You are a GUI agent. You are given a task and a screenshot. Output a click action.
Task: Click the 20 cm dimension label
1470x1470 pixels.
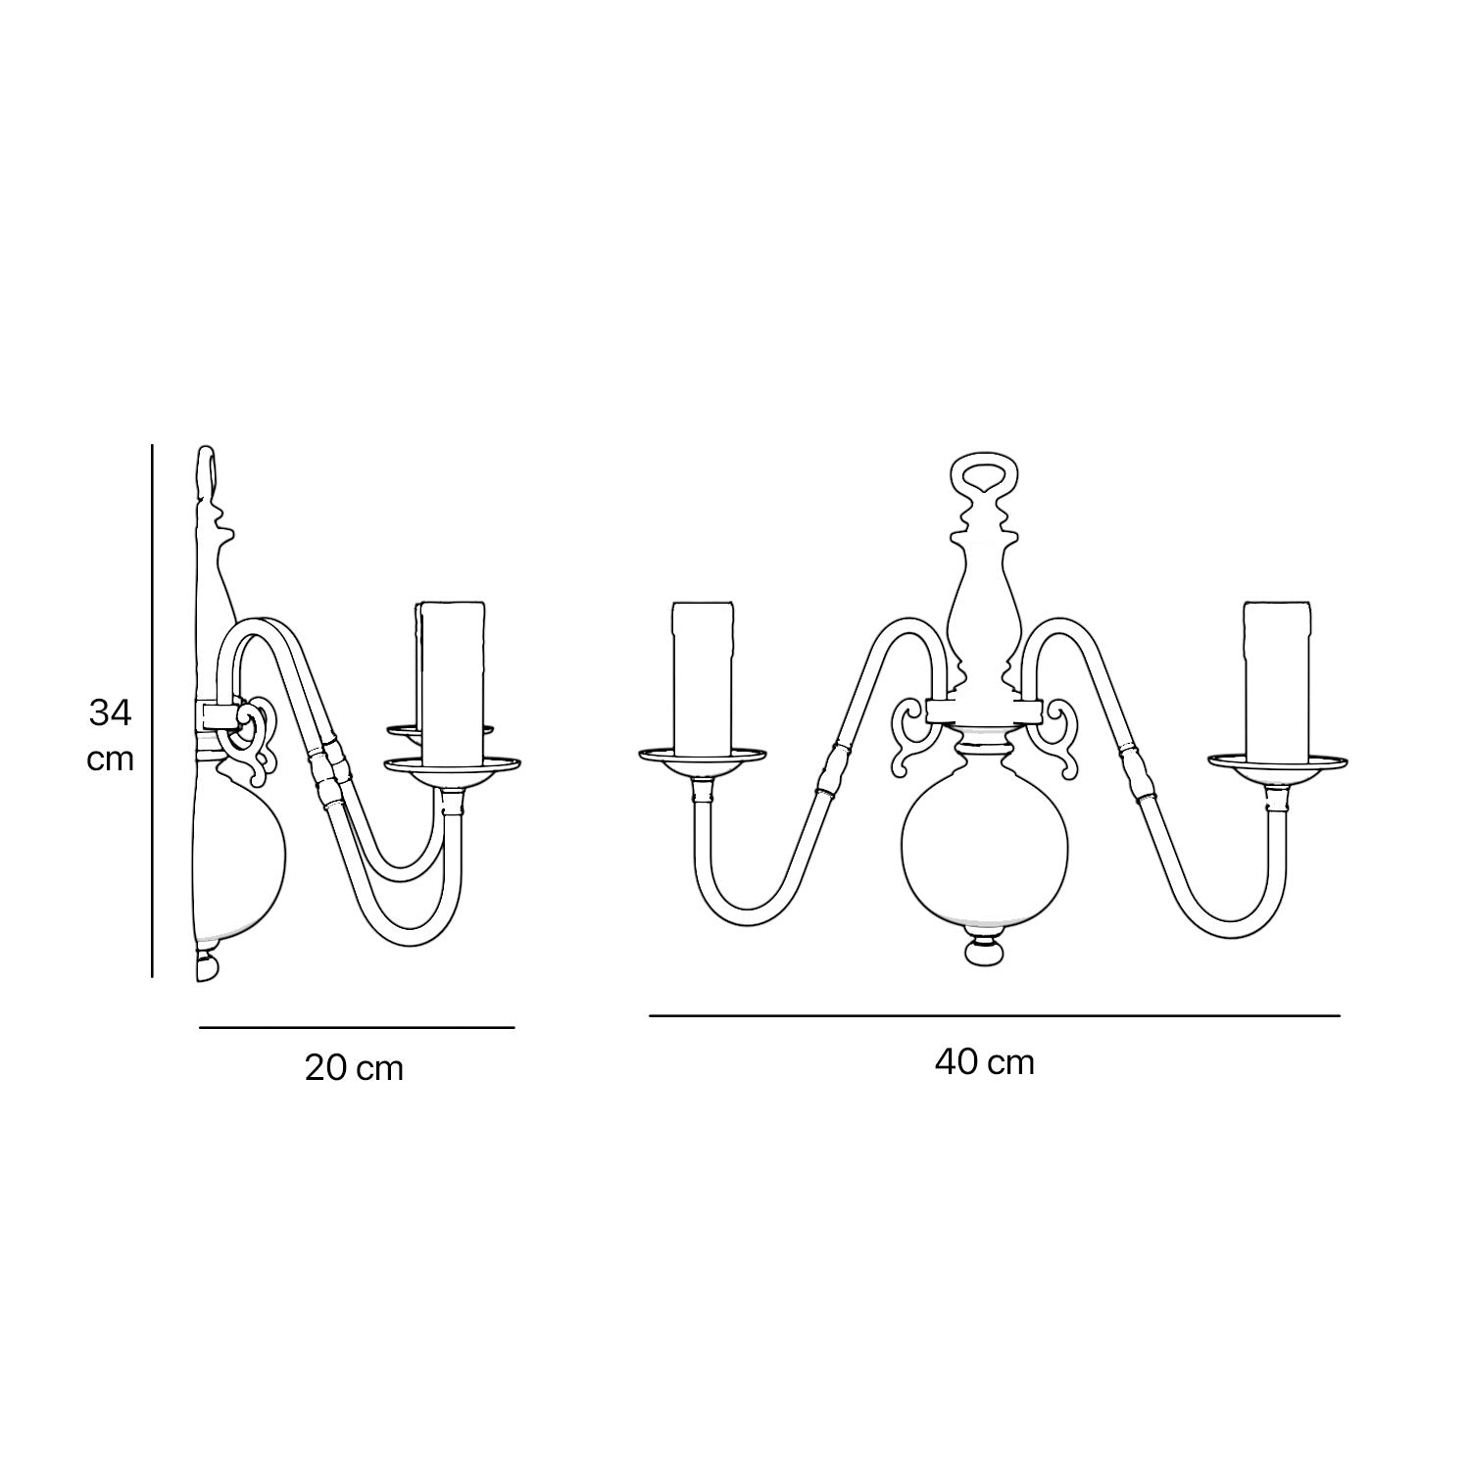coord(354,1067)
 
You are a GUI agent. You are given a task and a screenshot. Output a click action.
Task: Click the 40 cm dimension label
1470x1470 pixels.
coord(984,1061)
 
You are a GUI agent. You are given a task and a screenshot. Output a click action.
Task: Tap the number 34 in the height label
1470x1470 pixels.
coord(110,712)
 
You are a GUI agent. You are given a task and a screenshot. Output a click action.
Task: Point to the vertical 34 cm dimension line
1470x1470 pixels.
coord(152,710)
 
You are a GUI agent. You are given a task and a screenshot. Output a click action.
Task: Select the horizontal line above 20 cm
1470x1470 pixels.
coord(357,1028)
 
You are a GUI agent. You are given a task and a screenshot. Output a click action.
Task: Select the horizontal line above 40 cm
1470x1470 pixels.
coord(994,1016)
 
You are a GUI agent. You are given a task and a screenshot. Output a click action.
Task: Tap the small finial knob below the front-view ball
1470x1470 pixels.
coord(985,953)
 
